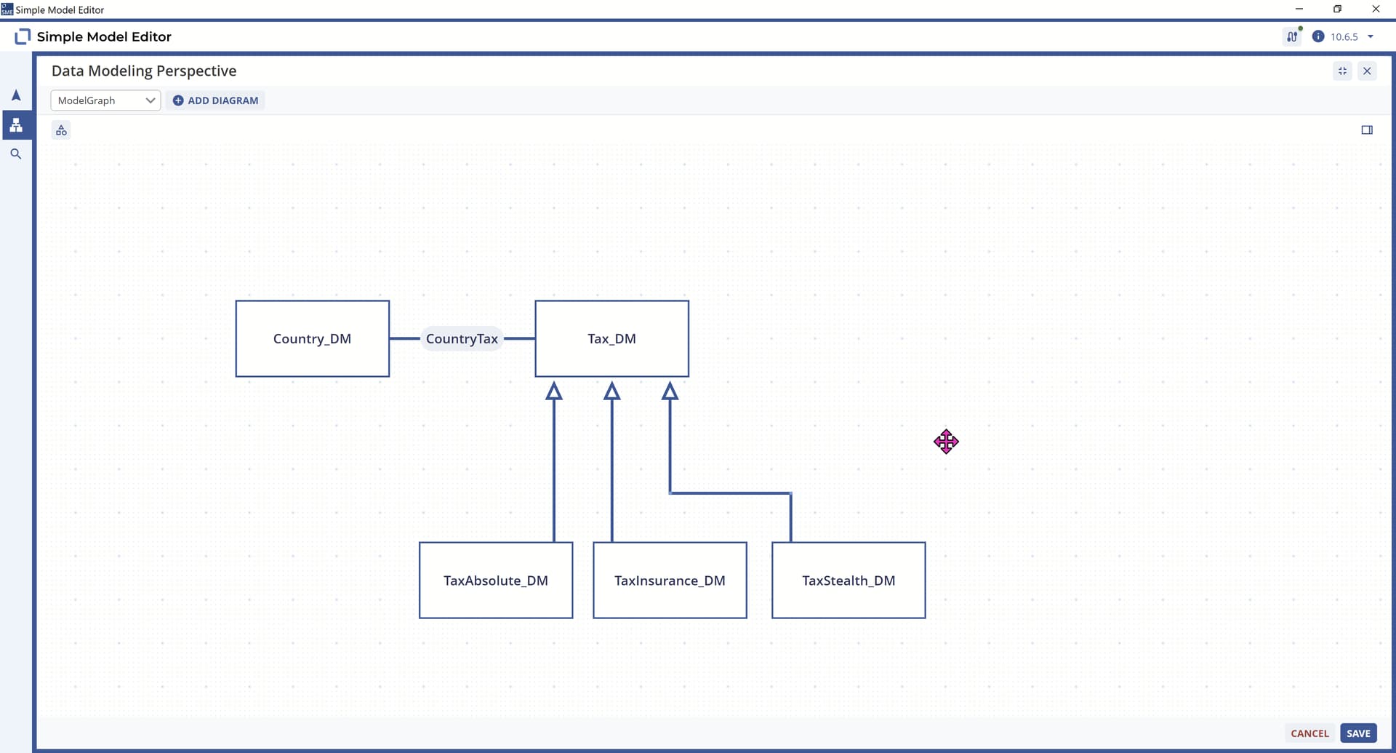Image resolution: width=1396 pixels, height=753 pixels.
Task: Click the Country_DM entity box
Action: pyautogui.click(x=313, y=339)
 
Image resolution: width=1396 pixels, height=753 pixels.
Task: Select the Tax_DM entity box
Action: pyautogui.click(x=612, y=339)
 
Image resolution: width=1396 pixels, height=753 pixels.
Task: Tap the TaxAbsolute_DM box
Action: pyautogui.click(x=496, y=581)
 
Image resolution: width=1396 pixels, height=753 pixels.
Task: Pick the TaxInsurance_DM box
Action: pyautogui.click(x=670, y=581)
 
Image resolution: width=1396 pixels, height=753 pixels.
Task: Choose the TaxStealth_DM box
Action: pyautogui.click(x=849, y=581)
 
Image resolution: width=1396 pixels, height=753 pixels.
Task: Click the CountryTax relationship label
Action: pyautogui.click(x=462, y=339)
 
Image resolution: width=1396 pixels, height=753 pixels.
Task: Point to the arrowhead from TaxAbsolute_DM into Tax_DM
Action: pyautogui.click(x=554, y=391)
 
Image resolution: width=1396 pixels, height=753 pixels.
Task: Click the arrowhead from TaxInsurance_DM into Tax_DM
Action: pyautogui.click(x=612, y=391)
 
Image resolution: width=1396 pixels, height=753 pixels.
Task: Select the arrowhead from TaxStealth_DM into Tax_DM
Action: pyautogui.click(x=670, y=391)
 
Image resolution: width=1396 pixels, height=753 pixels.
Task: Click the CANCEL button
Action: pyautogui.click(x=1309, y=733)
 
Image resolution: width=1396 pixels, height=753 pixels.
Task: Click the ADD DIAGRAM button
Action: pyautogui.click(x=216, y=100)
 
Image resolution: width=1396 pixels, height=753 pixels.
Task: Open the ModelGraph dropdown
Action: pyautogui.click(x=105, y=100)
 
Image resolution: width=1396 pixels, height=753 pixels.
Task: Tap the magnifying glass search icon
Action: pyautogui.click(x=16, y=154)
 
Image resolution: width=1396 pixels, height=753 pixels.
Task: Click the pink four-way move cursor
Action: pyautogui.click(x=946, y=442)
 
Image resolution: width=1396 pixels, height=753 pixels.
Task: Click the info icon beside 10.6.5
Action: pyautogui.click(x=1317, y=36)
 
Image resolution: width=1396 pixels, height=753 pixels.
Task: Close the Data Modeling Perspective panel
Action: pyautogui.click(x=1367, y=71)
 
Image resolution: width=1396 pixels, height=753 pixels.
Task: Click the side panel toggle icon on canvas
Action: pyautogui.click(x=1367, y=130)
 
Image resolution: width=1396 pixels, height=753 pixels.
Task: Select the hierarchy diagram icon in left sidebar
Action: pyautogui.click(x=16, y=125)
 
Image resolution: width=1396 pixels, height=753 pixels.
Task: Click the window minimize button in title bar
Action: pyautogui.click(x=1299, y=9)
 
